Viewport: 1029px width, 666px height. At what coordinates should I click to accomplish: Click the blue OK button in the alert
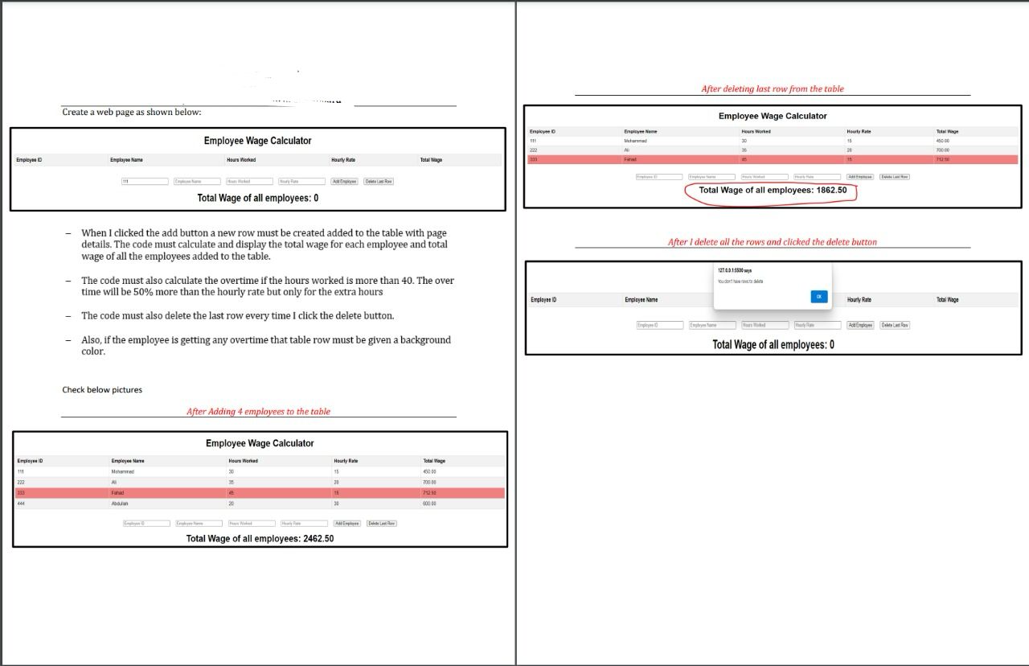click(x=818, y=297)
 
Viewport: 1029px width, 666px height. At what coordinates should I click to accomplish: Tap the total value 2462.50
click(x=318, y=539)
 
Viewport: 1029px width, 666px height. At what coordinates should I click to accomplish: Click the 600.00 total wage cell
click(x=429, y=504)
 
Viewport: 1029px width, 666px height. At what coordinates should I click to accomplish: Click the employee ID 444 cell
click(x=21, y=504)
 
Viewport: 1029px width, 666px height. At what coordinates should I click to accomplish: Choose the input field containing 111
click(x=145, y=182)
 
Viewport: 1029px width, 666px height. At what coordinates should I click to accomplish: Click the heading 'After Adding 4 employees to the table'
click(x=258, y=412)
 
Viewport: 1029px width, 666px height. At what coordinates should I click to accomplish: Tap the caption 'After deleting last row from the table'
click(x=773, y=89)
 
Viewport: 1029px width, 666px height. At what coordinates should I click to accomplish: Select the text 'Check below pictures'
click(x=102, y=390)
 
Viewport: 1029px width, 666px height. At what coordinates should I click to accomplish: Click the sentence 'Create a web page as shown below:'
click(x=132, y=112)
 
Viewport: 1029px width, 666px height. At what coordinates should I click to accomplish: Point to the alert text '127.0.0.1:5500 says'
click(x=735, y=271)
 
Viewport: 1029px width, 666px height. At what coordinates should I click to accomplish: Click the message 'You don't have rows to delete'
click(x=740, y=282)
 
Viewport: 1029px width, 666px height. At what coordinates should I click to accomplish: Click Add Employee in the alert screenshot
click(x=860, y=325)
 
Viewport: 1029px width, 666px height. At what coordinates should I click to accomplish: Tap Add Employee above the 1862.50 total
click(x=859, y=177)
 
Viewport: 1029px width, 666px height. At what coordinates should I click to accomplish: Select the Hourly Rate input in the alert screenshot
click(x=818, y=325)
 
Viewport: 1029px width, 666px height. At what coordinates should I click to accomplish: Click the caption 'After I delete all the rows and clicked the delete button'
click(x=773, y=242)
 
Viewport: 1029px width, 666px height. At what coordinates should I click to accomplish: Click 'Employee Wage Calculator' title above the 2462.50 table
click(x=260, y=443)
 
